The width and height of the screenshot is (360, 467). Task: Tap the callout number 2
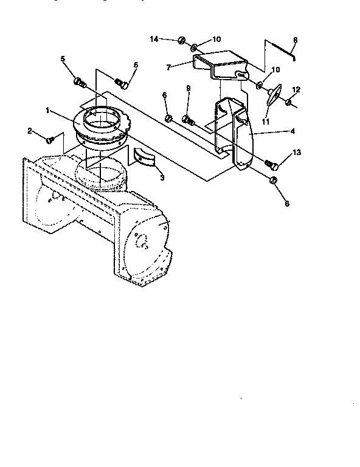coord(29,131)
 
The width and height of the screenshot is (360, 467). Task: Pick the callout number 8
coord(295,41)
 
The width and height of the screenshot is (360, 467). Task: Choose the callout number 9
coord(188,88)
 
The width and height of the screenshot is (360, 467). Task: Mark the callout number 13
coord(297,153)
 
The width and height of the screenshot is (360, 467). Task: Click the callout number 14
coord(154,39)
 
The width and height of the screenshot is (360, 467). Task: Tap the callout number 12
coord(297,89)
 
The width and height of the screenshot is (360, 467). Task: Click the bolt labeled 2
coord(50,140)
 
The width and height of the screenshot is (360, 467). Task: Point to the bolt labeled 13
coord(272,164)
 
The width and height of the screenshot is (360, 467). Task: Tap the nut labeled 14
coord(182,41)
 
